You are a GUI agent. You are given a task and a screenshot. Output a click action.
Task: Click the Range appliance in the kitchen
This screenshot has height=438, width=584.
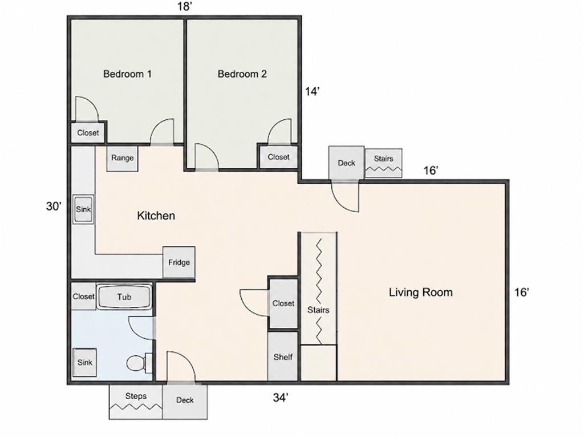(x=122, y=159)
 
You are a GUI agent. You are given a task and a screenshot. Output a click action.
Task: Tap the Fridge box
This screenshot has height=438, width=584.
(x=179, y=262)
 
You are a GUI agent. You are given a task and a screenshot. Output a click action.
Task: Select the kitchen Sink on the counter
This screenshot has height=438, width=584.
(x=83, y=209)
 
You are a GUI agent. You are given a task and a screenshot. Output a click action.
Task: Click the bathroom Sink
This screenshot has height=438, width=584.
(x=84, y=362)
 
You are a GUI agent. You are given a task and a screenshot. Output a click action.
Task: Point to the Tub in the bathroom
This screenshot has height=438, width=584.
(x=124, y=297)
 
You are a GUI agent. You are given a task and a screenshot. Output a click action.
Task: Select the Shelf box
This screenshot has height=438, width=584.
(x=283, y=356)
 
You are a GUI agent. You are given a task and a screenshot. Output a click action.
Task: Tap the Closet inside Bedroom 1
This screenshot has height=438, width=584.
(x=88, y=132)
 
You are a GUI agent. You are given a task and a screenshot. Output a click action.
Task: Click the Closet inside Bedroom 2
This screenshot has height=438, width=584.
(x=278, y=157)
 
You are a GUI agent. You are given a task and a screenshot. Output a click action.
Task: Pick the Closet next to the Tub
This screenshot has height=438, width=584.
(x=83, y=297)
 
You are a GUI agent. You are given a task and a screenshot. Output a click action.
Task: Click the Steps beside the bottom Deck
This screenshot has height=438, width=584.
(x=136, y=401)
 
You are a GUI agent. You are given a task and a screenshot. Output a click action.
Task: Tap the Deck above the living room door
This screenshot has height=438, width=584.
(x=346, y=163)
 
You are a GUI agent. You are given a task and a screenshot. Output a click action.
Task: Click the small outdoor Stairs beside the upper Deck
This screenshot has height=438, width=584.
(x=383, y=163)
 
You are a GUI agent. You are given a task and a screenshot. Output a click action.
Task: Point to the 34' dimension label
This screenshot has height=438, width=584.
(x=281, y=398)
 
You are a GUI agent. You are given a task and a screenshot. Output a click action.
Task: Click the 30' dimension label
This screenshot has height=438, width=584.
(x=54, y=206)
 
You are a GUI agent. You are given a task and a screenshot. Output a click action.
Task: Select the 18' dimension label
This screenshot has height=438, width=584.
(x=184, y=7)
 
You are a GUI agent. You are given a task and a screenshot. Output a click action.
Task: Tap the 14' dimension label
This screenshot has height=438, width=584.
(x=313, y=91)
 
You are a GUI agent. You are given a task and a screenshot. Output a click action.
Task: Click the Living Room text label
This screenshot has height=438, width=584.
(x=421, y=292)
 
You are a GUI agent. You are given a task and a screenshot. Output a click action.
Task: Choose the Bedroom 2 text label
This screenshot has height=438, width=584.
(x=242, y=74)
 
